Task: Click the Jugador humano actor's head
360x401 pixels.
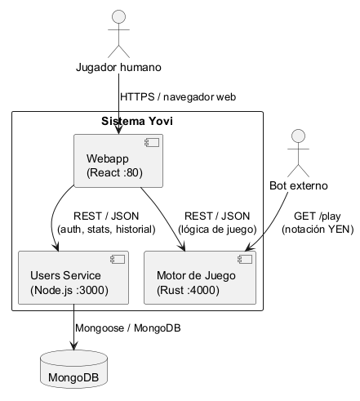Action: coord(118,17)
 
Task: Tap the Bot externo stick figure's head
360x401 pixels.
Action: coord(298,136)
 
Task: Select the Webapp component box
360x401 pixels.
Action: coord(118,161)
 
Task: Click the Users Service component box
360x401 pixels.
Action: coord(73,278)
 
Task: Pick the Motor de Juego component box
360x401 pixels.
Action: coord(200,278)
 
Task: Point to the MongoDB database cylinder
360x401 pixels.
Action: coord(73,369)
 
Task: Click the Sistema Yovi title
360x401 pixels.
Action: coord(137,121)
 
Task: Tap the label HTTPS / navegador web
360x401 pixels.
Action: coord(178,97)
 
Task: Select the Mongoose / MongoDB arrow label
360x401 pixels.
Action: coord(128,328)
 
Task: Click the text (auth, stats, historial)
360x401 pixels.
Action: coord(106,229)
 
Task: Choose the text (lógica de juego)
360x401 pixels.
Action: coord(217,229)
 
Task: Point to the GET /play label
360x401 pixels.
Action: coord(318,216)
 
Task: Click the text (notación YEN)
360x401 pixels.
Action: coord(318,229)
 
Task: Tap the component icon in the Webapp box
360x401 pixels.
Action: coord(152,143)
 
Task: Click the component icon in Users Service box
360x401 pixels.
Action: coord(118,260)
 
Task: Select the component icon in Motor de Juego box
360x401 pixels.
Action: coord(245,260)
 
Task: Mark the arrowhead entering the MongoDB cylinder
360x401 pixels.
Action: coord(73,345)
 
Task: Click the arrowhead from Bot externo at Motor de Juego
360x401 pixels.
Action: coord(249,247)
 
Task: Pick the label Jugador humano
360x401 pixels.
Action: coord(118,67)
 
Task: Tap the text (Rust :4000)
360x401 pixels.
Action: coord(188,290)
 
